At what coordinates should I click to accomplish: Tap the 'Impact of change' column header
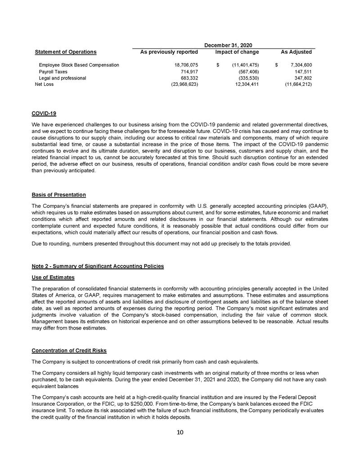point(237,52)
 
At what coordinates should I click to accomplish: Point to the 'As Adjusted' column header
point(296,52)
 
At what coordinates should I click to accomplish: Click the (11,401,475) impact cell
point(243,65)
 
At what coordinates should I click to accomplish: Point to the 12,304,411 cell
point(247,84)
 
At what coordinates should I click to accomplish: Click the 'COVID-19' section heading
point(44,113)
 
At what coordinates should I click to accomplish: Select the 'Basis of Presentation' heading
point(59,195)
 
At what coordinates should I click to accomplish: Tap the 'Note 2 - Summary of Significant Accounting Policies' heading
point(98,266)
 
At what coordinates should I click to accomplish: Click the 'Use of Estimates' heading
point(53,277)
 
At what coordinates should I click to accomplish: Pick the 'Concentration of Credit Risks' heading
point(69,350)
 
